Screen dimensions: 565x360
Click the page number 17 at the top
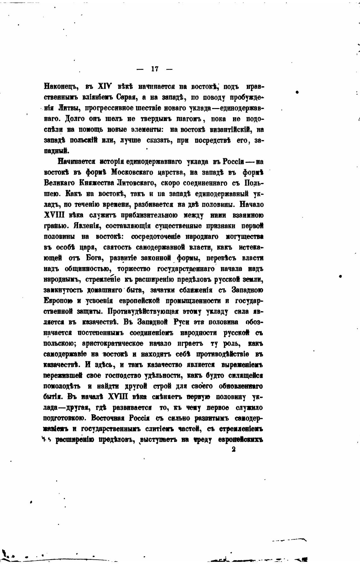(155, 69)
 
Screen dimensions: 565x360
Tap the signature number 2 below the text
(233, 449)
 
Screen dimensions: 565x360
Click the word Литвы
(67, 108)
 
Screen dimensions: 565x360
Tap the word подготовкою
(64, 418)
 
